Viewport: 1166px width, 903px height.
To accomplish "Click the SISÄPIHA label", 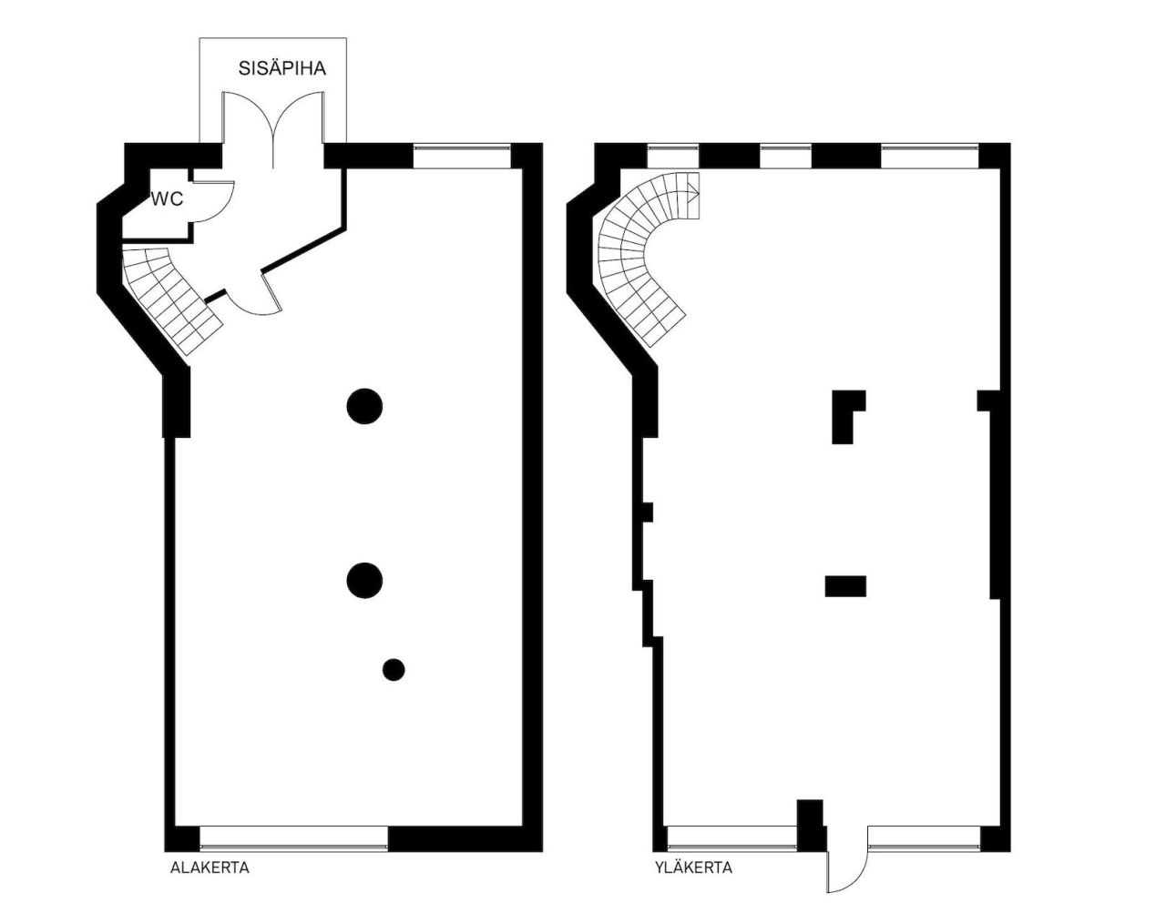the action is coord(282,68).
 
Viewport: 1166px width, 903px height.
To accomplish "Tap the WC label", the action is coord(168,199).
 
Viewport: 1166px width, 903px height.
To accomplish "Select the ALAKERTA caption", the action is coord(210,867).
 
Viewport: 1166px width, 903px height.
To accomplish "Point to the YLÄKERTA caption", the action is coord(694,867).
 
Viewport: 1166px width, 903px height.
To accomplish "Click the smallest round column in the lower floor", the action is coord(394,670).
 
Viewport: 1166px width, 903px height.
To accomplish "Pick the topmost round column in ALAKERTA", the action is coord(364,407).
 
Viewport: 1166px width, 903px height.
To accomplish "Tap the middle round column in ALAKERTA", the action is coord(364,581).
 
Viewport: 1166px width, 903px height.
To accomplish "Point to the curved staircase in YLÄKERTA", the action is coord(644,258).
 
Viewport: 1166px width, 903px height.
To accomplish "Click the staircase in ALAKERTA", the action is coord(170,299).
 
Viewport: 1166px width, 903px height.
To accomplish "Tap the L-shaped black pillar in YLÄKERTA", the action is coord(848,416).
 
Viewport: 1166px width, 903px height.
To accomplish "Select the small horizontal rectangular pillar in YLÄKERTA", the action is coord(845,586).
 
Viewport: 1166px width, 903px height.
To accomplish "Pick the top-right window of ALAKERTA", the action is coord(462,156).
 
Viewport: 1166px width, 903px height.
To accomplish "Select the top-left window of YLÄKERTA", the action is coord(673,156).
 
